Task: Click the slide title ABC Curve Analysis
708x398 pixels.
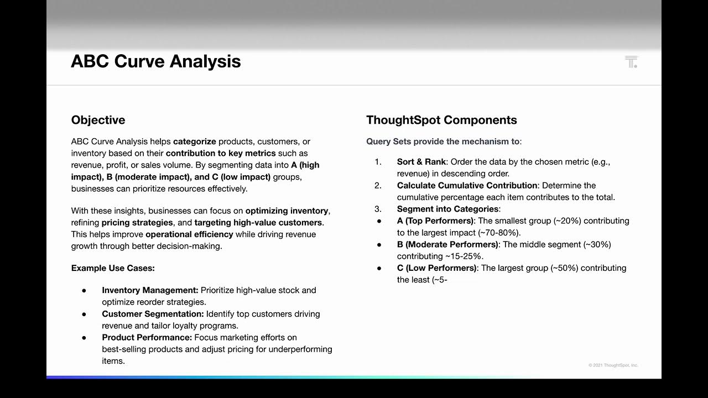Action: click(155, 61)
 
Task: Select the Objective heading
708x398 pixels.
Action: click(98, 120)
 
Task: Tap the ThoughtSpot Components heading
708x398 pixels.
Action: click(441, 120)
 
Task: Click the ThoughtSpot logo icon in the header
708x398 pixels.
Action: click(631, 62)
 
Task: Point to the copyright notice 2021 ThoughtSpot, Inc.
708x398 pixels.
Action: click(613, 365)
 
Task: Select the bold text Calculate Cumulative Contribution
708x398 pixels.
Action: click(467, 186)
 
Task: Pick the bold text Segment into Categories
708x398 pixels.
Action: click(447, 209)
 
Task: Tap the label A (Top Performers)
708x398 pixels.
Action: click(435, 221)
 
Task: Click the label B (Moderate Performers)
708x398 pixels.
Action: click(447, 244)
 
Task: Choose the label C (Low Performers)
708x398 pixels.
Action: click(436, 268)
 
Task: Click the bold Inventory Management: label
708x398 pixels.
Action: click(150, 290)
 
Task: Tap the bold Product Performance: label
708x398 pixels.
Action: click(147, 338)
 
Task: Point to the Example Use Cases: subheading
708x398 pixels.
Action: click(113, 268)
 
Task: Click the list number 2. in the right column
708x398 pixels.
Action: click(378, 186)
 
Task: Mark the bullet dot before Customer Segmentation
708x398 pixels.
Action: click(84, 314)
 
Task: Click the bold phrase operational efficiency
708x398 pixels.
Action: click(189, 234)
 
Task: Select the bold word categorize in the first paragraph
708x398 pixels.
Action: click(195, 142)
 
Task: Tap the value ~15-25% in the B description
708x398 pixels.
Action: click(464, 256)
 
